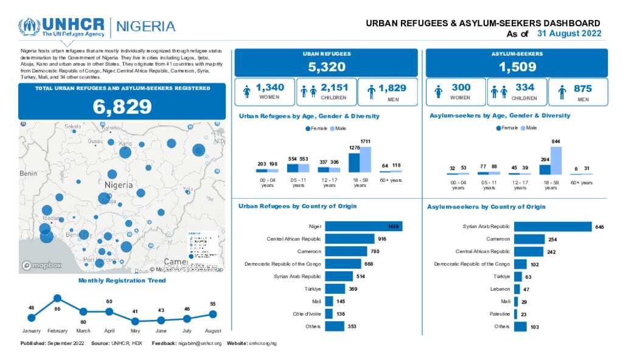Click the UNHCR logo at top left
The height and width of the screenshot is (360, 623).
point(61,27)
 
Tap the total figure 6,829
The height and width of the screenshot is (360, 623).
point(122,106)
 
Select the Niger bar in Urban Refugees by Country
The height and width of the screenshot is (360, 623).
point(363,226)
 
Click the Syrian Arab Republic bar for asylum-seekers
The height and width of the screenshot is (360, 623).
point(552,227)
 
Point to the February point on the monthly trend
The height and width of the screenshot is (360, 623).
point(57,298)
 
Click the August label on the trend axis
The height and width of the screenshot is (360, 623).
point(212,330)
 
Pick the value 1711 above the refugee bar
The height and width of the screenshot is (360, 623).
point(365,141)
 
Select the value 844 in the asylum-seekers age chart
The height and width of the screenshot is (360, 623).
point(555,141)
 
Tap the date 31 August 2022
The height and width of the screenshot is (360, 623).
point(569,33)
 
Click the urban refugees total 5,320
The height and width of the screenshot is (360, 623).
point(326,67)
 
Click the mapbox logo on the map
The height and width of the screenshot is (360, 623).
point(42,265)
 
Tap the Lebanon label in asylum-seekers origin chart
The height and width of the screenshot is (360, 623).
point(500,289)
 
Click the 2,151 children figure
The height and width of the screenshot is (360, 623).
point(334,88)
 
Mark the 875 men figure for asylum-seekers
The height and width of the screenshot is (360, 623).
point(582,88)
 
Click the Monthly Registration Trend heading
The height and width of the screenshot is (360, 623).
point(122,280)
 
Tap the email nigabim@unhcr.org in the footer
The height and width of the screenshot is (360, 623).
point(200,344)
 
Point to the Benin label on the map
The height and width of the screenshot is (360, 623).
point(29,173)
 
